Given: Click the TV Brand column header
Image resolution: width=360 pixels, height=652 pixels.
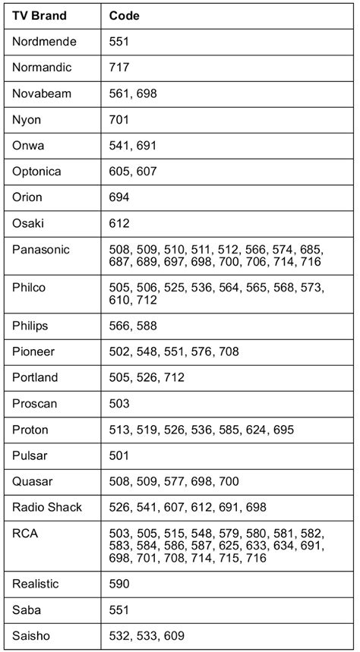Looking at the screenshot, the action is tap(39, 15).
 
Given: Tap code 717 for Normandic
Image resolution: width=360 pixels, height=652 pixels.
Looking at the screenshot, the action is tap(119, 68).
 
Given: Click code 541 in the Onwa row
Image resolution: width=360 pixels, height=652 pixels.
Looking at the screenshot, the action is tap(119, 145).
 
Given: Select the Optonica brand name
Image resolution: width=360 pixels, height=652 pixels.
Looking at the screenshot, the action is tap(36, 172).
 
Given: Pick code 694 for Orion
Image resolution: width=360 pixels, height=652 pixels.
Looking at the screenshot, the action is tap(119, 197).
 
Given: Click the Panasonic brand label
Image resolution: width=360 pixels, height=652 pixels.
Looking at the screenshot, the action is tap(41, 249).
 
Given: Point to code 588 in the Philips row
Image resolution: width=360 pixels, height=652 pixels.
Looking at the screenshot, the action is tap(146, 326).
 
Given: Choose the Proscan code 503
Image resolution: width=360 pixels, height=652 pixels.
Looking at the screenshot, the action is tap(119, 403).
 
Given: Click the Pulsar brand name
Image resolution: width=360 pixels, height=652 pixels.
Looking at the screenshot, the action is tap(29, 455).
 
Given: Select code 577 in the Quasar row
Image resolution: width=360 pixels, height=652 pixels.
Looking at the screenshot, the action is tap(173, 481).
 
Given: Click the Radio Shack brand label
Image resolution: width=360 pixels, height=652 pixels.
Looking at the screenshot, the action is tap(47, 507).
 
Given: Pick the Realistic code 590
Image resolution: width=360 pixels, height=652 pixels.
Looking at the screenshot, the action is tap(119, 584).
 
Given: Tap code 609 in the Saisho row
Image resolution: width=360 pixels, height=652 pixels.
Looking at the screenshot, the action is tap(173, 635).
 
